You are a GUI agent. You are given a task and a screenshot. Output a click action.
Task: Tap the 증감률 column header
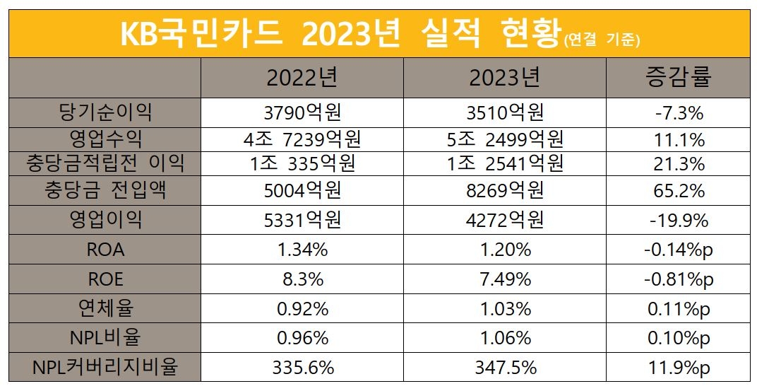pyautogui.click(x=678, y=76)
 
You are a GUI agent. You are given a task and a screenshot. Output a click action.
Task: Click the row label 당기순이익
pyautogui.click(x=107, y=111)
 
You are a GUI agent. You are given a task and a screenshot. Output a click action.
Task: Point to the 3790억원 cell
pyautogui.click(x=302, y=112)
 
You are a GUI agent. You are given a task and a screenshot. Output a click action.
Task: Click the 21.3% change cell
pyautogui.click(x=679, y=165)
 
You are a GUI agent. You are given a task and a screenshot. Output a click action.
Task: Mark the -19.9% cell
pyautogui.click(x=679, y=221)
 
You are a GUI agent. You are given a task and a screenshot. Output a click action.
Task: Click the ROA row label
pyautogui.click(x=107, y=250)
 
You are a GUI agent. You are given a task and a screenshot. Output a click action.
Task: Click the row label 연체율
pyautogui.click(x=107, y=308)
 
